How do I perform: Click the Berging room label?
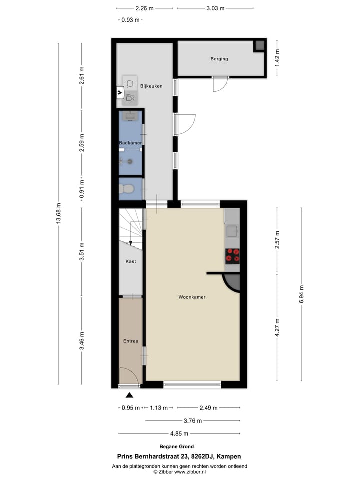click(219, 59)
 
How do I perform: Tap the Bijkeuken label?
click(151, 86)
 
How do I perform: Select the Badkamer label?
click(130, 143)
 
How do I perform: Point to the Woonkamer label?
click(192, 297)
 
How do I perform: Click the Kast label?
click(131, 261)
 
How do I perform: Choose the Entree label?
click(131, 341)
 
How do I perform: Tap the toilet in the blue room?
click(127, 189)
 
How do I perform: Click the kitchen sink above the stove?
click(232, 230)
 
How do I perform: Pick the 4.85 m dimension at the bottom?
click(179, 433)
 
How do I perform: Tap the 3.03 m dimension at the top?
click(215, 8)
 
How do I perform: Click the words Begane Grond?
click(179, 447)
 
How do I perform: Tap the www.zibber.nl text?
click(189, 471)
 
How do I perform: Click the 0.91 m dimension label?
click(83, 189)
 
